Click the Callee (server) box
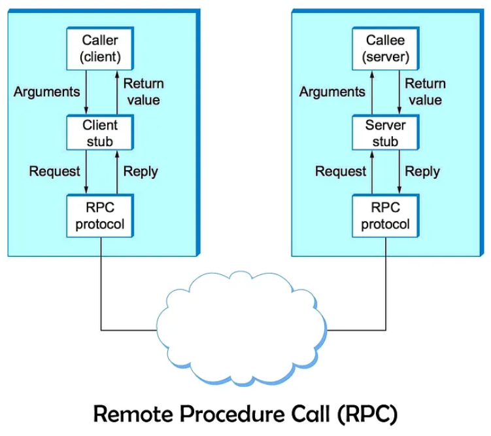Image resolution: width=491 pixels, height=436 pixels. pos(386,49)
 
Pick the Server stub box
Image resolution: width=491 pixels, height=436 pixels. pos(386,133)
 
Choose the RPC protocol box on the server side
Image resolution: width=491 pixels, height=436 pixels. pos(386,217)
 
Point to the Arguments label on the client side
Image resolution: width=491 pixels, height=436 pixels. pos(47,92)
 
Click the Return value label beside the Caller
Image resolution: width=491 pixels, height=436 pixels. pos(143,92)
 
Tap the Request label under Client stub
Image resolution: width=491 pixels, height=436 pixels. pos(54,172)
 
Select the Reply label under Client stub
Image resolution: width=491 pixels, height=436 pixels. pos(141,172)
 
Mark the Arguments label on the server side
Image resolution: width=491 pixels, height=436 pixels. pos(332,92)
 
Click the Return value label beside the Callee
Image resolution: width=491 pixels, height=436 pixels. pos(425,92)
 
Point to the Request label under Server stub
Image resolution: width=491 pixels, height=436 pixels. pos(341,172)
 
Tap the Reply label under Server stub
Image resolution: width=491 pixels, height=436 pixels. pos(422,172)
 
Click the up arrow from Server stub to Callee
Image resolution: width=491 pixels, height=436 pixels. pos(372,92)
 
